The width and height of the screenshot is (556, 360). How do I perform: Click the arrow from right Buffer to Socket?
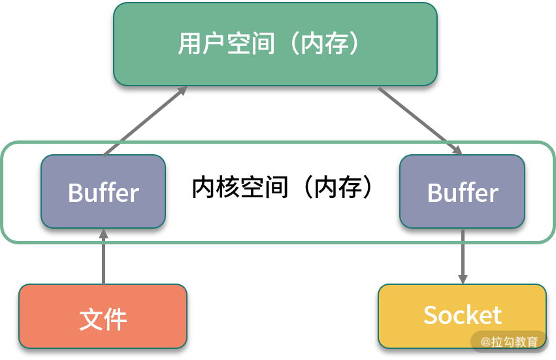[x=463, y=255]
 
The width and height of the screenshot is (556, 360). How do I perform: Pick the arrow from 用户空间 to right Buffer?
[x=418, y=120]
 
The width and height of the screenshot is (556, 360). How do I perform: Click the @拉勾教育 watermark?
[x=510, y=341]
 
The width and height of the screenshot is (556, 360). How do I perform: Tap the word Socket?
[x=462, y=316]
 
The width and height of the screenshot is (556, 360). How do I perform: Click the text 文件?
[x=103, y=319]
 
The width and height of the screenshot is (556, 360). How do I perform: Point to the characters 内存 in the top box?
[x=324, y=44]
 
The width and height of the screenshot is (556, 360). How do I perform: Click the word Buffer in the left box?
[x=103, y=193]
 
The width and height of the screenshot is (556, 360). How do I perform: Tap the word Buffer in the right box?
[x=462, y=193]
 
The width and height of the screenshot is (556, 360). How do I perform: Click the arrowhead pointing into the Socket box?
[x=463, y=278]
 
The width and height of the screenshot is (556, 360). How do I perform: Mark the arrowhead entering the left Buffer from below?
[x=103, y=235]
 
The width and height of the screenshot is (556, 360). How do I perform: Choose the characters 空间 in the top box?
[x=250, y=44]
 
